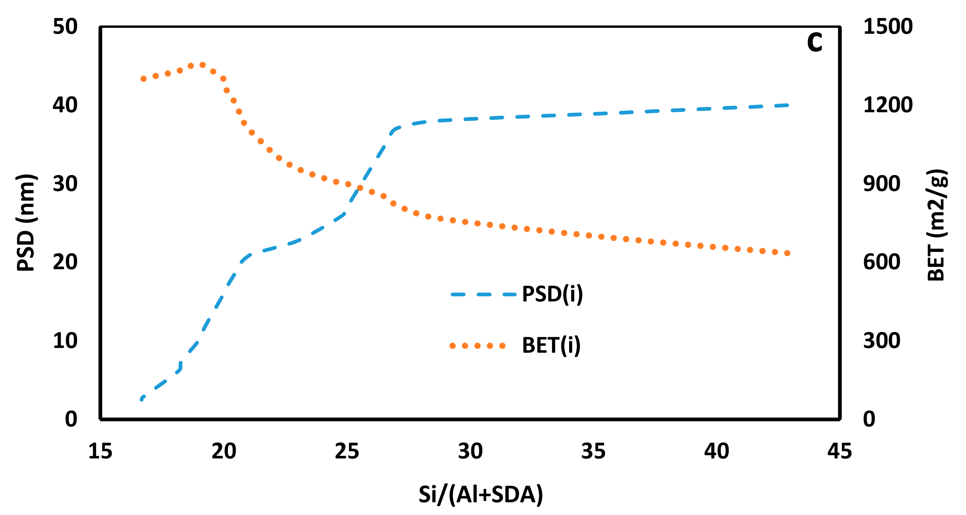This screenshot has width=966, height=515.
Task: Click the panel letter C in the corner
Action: [x=815, y=42]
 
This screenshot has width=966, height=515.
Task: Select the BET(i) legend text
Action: [x=551, y=346]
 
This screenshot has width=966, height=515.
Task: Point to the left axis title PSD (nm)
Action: [x=26, y=223]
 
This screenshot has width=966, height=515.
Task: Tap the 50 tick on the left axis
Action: [x=65, y=27]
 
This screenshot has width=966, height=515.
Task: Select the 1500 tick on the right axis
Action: [x=887, y=27]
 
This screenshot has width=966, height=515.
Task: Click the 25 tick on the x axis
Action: [x=347, y=451]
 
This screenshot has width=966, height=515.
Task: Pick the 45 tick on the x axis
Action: [x=840, y=451]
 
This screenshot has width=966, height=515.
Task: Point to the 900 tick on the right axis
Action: [x=881, y=184]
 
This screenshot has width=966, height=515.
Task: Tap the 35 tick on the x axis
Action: [x=593, y=451]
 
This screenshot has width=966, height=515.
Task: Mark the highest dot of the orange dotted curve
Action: [x=203, y=65]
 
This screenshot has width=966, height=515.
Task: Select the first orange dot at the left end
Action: [x=143, y=79]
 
